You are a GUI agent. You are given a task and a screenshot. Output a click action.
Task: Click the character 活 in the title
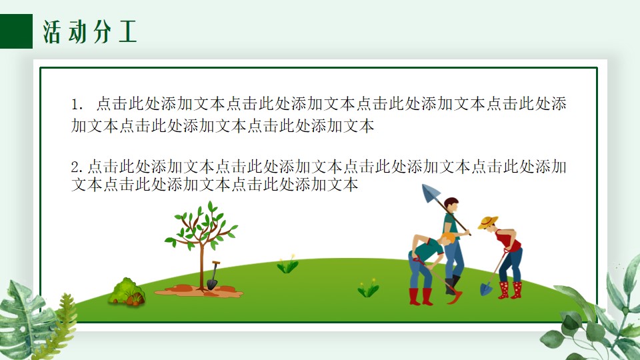coord(52,31)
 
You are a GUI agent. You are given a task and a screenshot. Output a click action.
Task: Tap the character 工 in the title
coord(127,31)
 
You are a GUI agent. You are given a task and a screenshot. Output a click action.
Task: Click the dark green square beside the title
coord(16,31)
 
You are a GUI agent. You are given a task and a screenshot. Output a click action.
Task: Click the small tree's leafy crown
coord(201,226)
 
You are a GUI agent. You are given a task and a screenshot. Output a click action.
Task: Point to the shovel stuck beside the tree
coord(213,275)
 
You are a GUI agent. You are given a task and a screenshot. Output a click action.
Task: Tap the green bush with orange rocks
coord(127,292)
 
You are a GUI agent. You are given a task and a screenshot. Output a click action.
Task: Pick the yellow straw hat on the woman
coord(488,222)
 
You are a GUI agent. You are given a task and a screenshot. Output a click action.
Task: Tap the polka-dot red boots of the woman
coord(510,290)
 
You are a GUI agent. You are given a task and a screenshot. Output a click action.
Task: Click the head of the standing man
coord(451,205)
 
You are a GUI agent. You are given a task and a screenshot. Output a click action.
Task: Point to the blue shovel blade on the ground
coord(486,289)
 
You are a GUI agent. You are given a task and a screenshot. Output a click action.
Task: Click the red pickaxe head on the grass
coord(455,297)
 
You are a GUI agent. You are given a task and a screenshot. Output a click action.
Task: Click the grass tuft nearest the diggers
coord(368,288)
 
